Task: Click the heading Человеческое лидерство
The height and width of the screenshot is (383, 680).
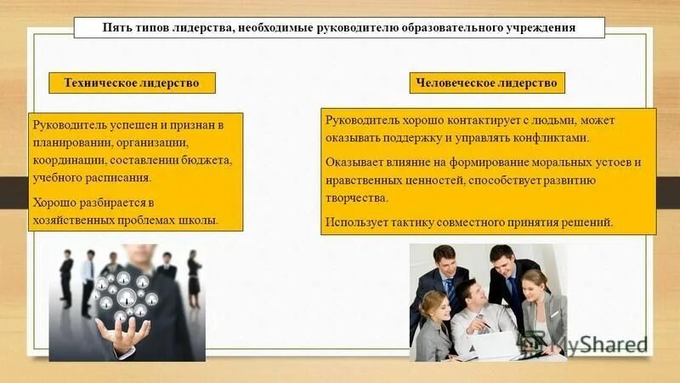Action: tap(487, 83)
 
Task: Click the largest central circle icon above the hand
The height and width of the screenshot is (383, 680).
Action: tap(127, 297)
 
